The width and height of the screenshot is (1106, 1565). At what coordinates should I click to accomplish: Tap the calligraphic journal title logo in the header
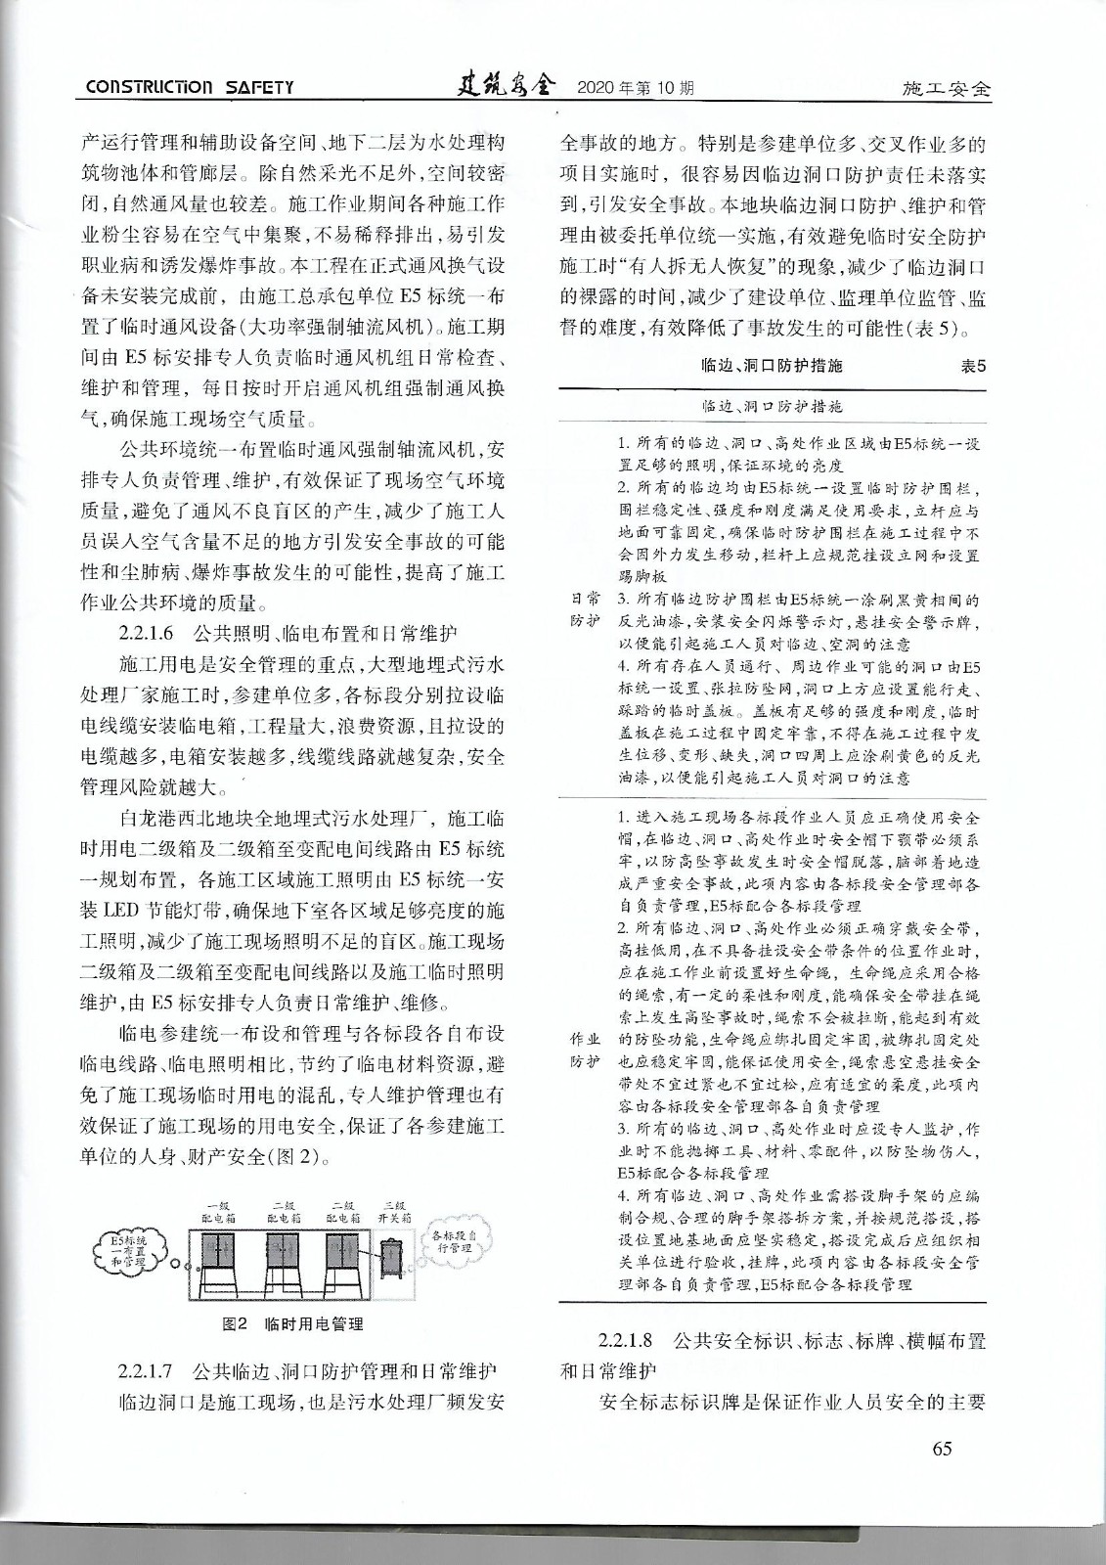click(506, 86)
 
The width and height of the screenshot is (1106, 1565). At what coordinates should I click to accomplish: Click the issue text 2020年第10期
click(636, 88)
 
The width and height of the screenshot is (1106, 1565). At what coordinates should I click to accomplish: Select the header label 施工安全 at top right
click(946, 89)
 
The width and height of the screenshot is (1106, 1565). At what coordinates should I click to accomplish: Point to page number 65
click(942, 1449)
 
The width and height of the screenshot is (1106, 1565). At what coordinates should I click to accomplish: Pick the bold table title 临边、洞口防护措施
click(773, 366)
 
